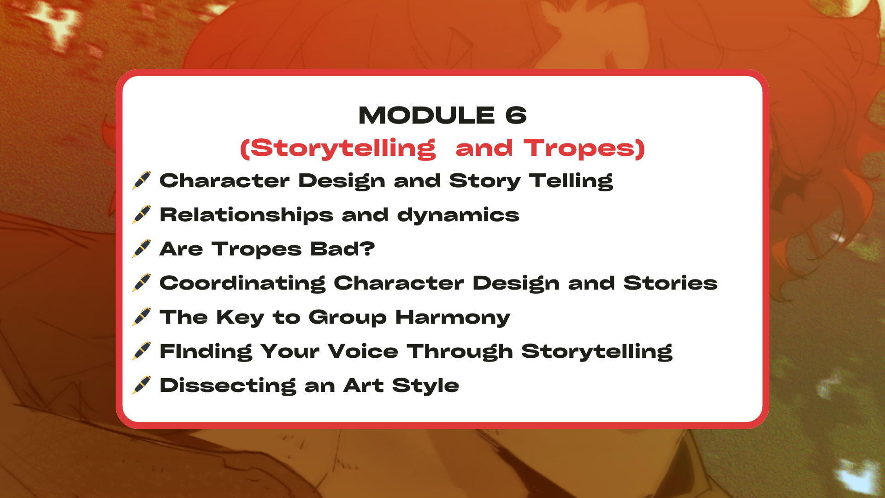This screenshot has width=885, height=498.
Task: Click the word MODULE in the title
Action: (x=427, y=115)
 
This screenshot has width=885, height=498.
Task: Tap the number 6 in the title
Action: (x=516, y=115)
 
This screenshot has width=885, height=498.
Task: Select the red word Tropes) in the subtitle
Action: (x=584, y=148)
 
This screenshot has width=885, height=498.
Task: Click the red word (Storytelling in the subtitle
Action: (x=338, y=148)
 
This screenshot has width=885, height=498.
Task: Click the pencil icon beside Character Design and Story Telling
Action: (x=142, y=180)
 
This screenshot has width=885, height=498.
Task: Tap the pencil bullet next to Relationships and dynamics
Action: (x=142, y=214)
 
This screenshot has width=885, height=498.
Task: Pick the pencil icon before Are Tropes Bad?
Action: (x=142, y=249)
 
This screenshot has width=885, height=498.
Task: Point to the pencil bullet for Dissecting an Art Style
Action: (x=142, y=385)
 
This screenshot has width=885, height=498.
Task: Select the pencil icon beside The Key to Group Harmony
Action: (x=142, y=317)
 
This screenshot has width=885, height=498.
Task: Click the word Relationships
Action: (x=247, y=215)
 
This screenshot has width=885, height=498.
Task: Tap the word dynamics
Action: (x=458, y=215)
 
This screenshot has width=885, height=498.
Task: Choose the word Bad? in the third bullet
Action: (x=342, y=249)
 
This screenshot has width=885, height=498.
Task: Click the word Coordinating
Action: (x=242, y=283)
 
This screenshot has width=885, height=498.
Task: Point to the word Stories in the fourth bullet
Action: (x=671, y=283)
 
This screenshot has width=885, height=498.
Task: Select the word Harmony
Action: (x=453, y=318)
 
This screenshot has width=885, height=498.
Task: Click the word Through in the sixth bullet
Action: (x=460, y=351)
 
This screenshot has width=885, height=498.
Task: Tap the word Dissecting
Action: (x=228, y=385)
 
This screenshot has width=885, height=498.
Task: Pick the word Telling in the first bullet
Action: (x=571, y=181)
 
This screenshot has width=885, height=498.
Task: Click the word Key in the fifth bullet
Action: (x=240, y=318)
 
